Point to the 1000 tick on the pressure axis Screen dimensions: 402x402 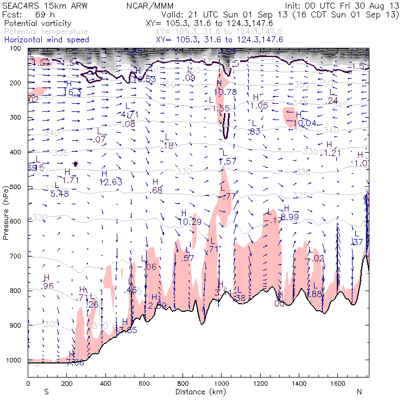coord(27,360)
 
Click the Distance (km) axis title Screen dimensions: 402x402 coord(198,391)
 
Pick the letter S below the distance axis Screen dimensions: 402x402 coord(46,391)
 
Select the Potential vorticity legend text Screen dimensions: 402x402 coord(36,24)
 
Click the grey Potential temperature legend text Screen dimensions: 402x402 coord(46,32)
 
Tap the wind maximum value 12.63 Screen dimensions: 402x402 coord(111,182)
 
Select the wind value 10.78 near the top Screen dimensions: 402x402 coord(225,92)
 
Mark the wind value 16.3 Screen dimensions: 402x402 coord(72,92)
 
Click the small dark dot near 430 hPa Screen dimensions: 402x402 coord(76,164)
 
